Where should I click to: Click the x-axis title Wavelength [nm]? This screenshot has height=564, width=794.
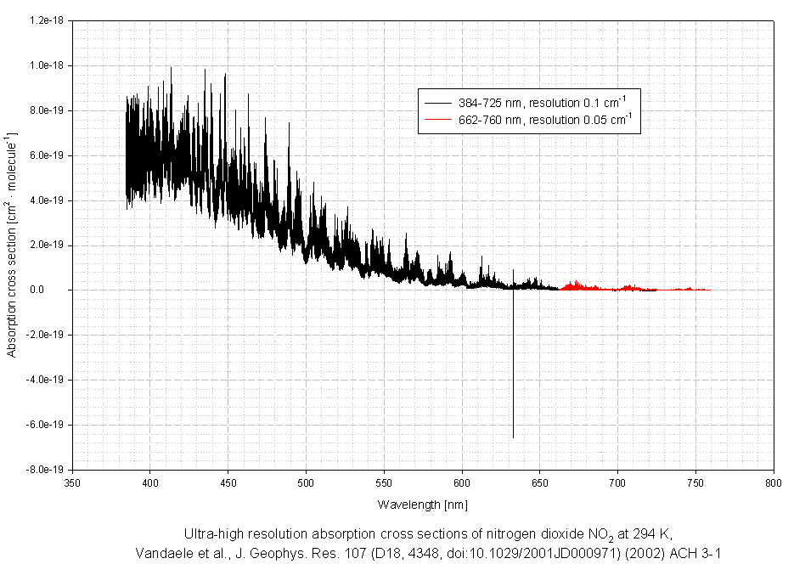coord(423,505)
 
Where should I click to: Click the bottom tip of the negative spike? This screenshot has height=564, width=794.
coord(513,437)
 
